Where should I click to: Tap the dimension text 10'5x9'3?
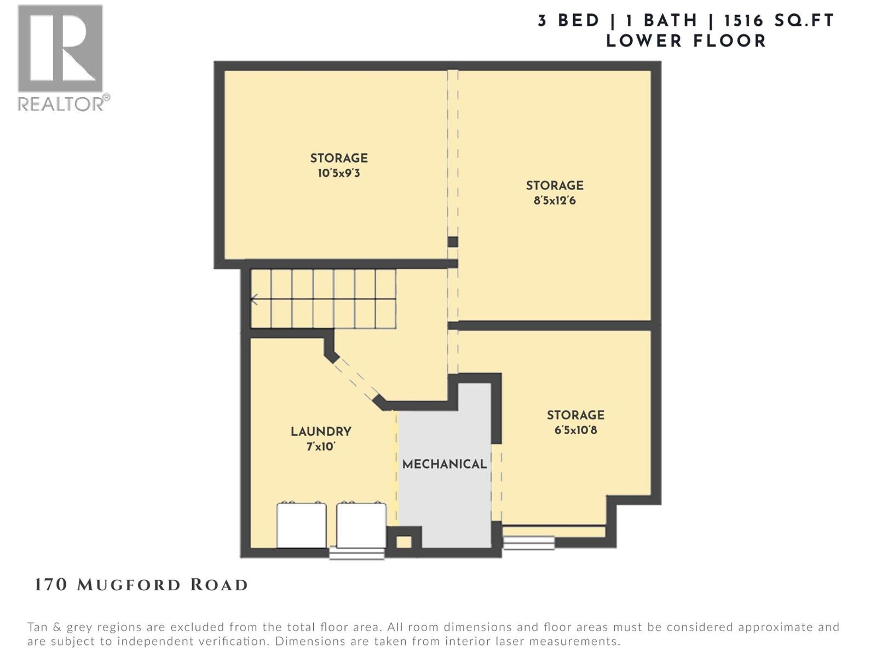tap(338, 174)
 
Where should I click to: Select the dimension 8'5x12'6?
tap(555, 200)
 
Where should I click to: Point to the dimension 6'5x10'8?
tap(575, 430)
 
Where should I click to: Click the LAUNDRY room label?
tap(321, 431)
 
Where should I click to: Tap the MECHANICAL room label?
tap(444, 464)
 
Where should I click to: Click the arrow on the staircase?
tap(254, 299)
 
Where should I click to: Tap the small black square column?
tap(453, 242)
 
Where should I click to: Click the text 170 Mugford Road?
tap(141, 585)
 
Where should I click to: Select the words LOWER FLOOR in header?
tap(685, 41)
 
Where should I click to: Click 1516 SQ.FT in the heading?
tap(779, 21)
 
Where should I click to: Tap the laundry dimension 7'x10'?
tap(321, 447)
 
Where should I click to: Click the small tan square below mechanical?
tap(404, 542)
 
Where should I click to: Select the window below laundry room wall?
tap(356, 554)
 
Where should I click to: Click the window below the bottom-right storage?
tap(528, 543)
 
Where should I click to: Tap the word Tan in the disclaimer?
tap(38, 627)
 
